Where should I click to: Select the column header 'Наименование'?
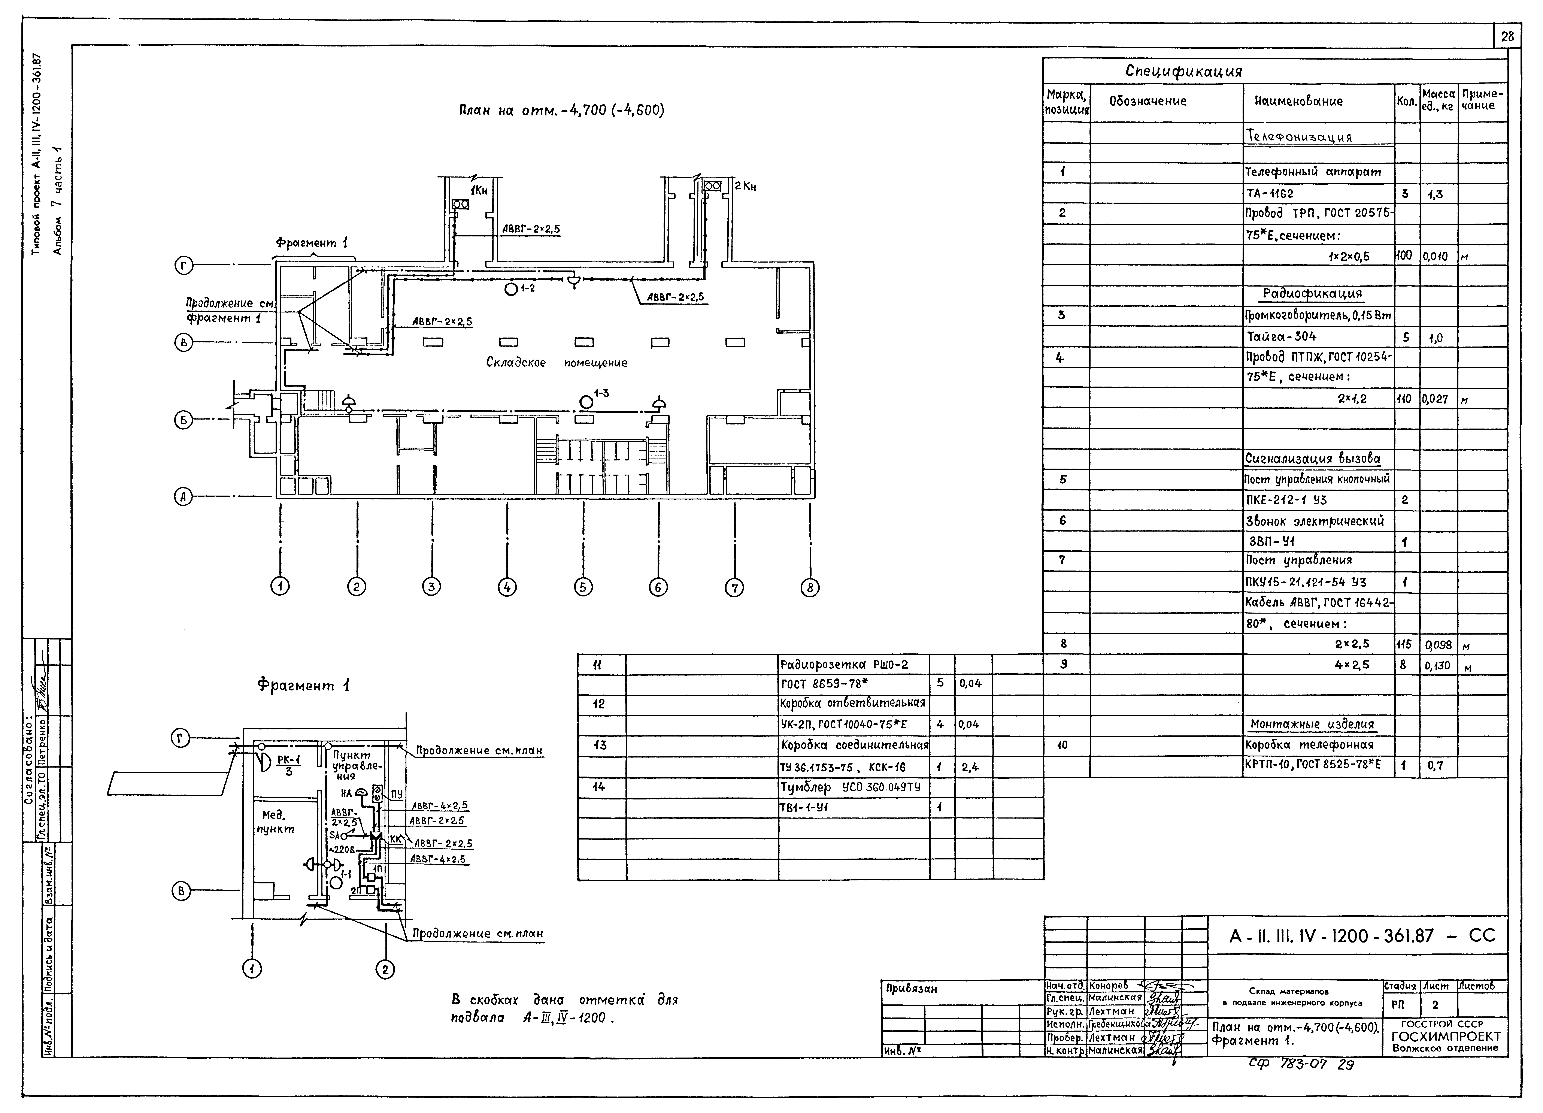pyautogui.click(x=1298, y=101)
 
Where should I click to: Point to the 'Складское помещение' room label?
pyautogui.click(x=556, y=363)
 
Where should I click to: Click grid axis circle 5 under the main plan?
pyautogui.click(x=583, y=586)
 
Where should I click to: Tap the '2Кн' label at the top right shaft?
pyautogui.click(x=745, y=186)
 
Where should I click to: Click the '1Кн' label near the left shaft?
pyautogui.click(x=479, y=191)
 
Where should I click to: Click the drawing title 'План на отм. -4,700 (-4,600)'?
pyautogui.click(x=561, y=110)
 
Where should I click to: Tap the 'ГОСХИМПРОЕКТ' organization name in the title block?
pyautogui.click(x=1446, y=1036)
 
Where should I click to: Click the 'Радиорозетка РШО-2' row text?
pyautogui.click(x=844, y=664)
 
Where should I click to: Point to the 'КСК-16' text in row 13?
pyautogui.click(x=887, y=767)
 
